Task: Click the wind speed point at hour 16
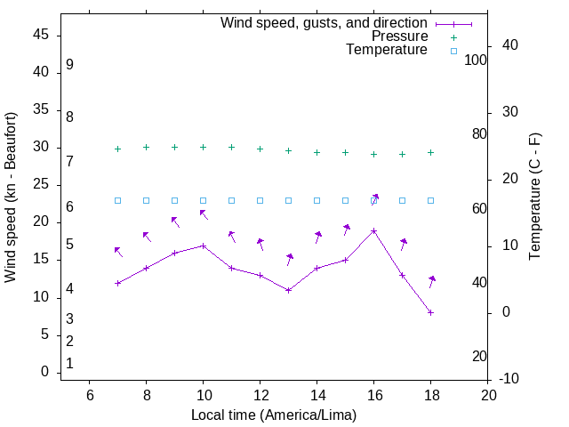[x=374, y=230]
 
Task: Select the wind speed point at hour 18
[x=431, y=312]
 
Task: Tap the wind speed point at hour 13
[x=289, y=290]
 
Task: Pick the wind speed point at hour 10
[x=204, y=246]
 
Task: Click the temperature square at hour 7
[x=117, y=200]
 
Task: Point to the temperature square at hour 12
[x=260, y=200]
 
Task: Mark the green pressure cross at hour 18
[x=431, y=152]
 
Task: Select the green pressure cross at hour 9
[x=175, y=148]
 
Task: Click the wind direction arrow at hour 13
[x=289, y=260]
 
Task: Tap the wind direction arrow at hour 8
[x=147, y=237]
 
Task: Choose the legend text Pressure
[x=399, y=36]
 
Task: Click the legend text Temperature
[x=387, y=50]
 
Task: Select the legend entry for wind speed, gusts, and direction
[x=325, y=23]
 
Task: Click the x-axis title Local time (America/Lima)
[x=274, y=415]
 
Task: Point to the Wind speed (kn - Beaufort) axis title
[x=11, y=197]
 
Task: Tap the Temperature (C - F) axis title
[x=534, y=197]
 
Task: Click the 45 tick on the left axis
[x=41, y=35]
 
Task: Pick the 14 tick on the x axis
[x=317, y=394]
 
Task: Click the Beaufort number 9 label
[x=69, y=65]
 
